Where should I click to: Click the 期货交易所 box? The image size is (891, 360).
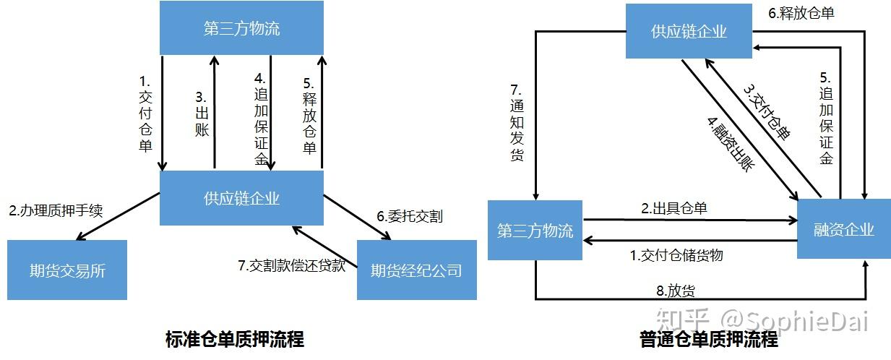(67, 270)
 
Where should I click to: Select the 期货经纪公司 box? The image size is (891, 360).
(416, 270)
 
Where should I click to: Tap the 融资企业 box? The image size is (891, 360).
(843, 230)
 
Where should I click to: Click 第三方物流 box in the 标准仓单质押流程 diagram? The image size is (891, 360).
(241, 30)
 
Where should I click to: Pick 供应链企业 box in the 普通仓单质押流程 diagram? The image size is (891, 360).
(689, 32)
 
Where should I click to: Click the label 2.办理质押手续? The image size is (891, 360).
(56, 212)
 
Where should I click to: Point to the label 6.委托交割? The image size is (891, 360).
(409, 216)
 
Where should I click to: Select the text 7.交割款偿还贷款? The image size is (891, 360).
(292, 265)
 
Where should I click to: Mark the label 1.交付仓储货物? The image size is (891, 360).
(676, 255)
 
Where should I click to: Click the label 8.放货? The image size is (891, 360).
(676, 291)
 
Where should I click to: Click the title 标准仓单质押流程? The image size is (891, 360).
(235, 338)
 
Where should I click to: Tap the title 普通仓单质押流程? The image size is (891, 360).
(709, 338)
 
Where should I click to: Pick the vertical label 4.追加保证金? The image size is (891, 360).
(261, 119)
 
